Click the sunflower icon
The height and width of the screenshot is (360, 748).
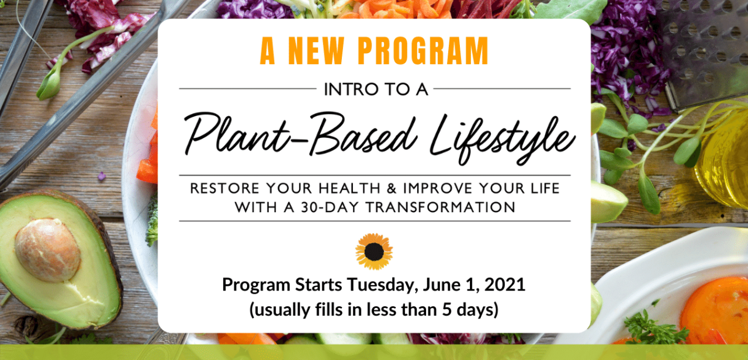tap(374, 251)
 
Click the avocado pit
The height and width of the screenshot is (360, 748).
tap(47, 250)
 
